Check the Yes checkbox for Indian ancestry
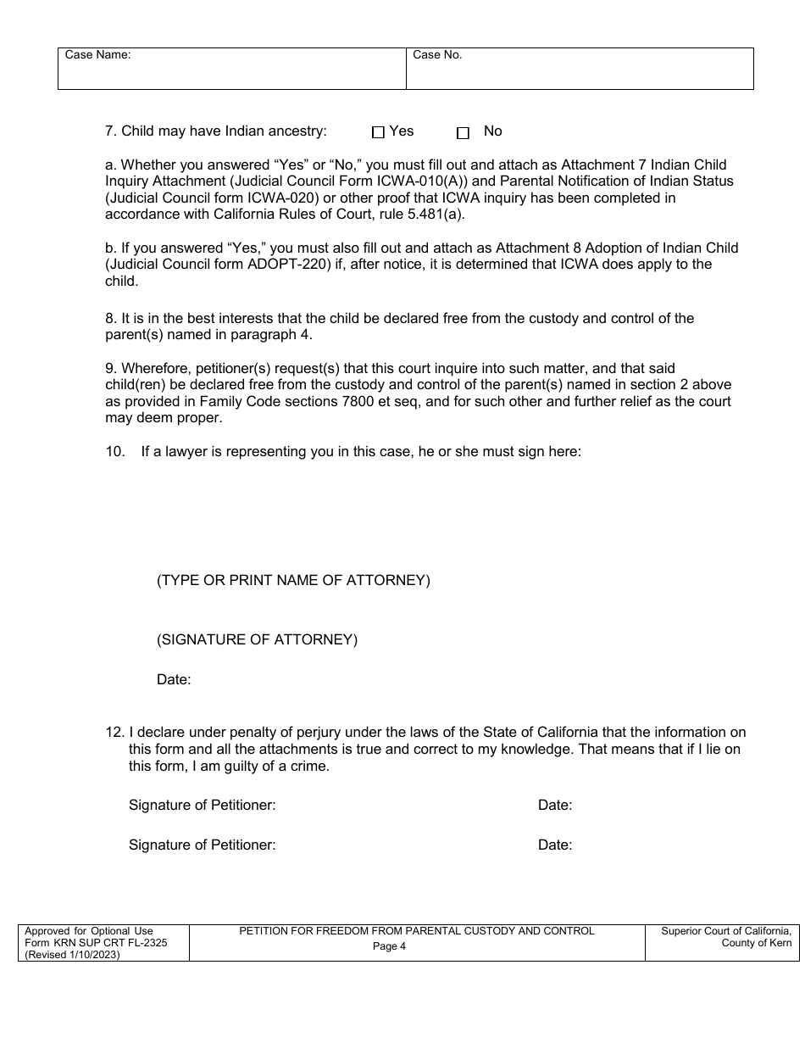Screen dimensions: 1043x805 [x=379, y=132]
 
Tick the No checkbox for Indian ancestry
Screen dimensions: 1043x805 [x=463, y=133]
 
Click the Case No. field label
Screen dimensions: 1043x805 [x=437, y=55]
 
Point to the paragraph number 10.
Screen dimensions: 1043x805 [x=114, y=451]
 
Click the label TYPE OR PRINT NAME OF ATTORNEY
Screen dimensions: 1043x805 [x=293, y=581]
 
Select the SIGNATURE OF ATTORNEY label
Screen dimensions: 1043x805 [x=257, y=640]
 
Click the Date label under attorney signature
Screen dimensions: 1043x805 [x=174, y=679]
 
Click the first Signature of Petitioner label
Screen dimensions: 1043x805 [x=202, y=806]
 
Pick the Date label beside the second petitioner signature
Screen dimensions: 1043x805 [x=555, y=845]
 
